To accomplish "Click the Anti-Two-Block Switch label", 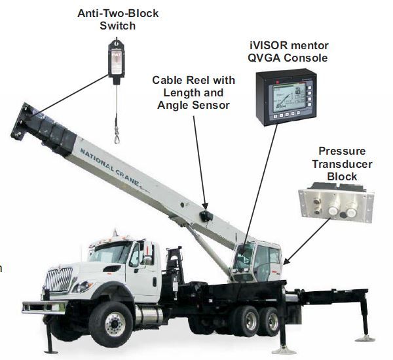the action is [118, 20].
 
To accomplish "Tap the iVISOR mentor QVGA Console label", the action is [288, 52].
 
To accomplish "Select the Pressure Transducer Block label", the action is [342, 164].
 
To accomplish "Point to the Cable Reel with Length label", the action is [193, 87].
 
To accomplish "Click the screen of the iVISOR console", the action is [290, 98].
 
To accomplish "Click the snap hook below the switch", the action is [117, 136].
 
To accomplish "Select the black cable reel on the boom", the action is [206, 216].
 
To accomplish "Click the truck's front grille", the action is [59, 279].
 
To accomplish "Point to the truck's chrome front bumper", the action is [44, 308].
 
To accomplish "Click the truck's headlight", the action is [83, 287].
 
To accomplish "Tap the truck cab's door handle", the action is [155, 281].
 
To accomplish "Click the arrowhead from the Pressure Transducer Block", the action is [286, 262].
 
